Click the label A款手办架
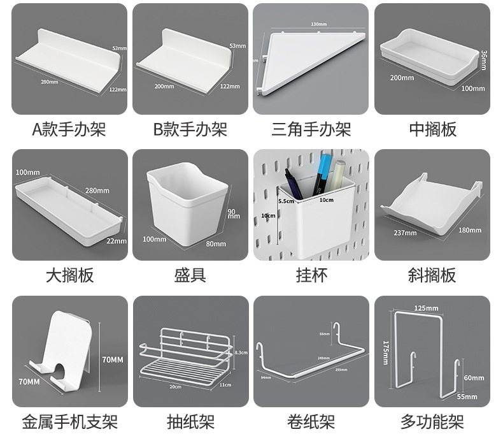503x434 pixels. (x=69, y=130)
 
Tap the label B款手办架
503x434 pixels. (x=190, y=130)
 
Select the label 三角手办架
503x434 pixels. (x=311, y=130)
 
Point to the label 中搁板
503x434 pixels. (x=432, y=130)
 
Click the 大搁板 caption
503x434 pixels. (x=69, y=275)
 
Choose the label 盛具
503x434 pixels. (x=190, y=275)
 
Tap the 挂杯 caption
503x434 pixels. (x=311, y=275)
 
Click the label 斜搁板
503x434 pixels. (x=432, y=275)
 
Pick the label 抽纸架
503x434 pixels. (x=190, y=421)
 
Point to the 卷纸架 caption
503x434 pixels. (x=311, y=421)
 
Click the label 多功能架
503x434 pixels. (x=432, y=421)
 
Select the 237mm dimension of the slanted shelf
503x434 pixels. (x=406, y=233)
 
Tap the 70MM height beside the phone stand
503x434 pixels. (x=112, y=360)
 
